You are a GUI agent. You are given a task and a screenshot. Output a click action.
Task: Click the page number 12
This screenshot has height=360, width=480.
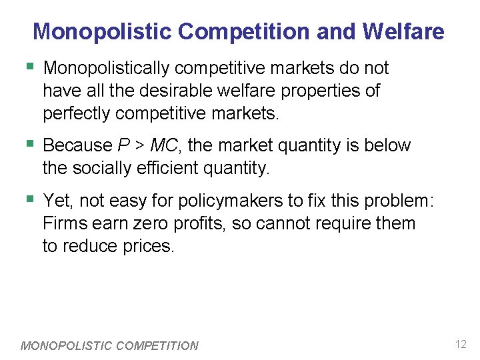461,345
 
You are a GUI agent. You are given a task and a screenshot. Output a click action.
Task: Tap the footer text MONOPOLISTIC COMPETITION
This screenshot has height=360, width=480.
110,345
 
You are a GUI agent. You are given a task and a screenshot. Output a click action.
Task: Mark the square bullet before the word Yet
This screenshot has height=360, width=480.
29,199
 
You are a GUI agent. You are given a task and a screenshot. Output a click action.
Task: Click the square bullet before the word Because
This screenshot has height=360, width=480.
29,144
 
